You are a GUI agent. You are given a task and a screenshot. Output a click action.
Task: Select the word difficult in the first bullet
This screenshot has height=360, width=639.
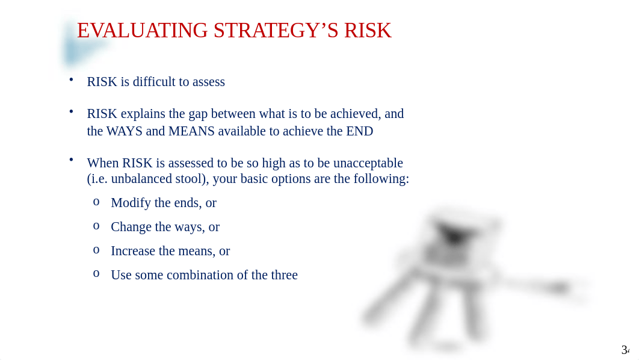pyautogui.click(x=154, y=81)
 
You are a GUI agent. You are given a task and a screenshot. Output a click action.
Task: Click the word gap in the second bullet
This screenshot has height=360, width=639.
pyautogui.click(x=198, y=114)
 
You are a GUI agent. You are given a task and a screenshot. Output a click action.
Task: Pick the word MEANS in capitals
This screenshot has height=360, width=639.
pyautogui.click(x=191, y=131)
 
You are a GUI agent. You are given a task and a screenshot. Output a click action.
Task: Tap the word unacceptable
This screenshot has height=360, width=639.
pyautogui.click(x=368, y=163)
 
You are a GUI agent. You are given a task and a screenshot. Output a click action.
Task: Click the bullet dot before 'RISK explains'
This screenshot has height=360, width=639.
pyautogui.click(x=72, y=111)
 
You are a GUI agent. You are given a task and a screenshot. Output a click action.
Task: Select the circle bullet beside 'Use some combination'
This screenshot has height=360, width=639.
pyautogui.click(x=96, y=274)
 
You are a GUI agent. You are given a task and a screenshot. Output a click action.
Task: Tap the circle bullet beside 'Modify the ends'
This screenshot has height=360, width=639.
pyautogui.click(x=96, y=202)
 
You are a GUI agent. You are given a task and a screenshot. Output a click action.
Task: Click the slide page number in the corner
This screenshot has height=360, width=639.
pyautogui.click(x=626, y=350)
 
